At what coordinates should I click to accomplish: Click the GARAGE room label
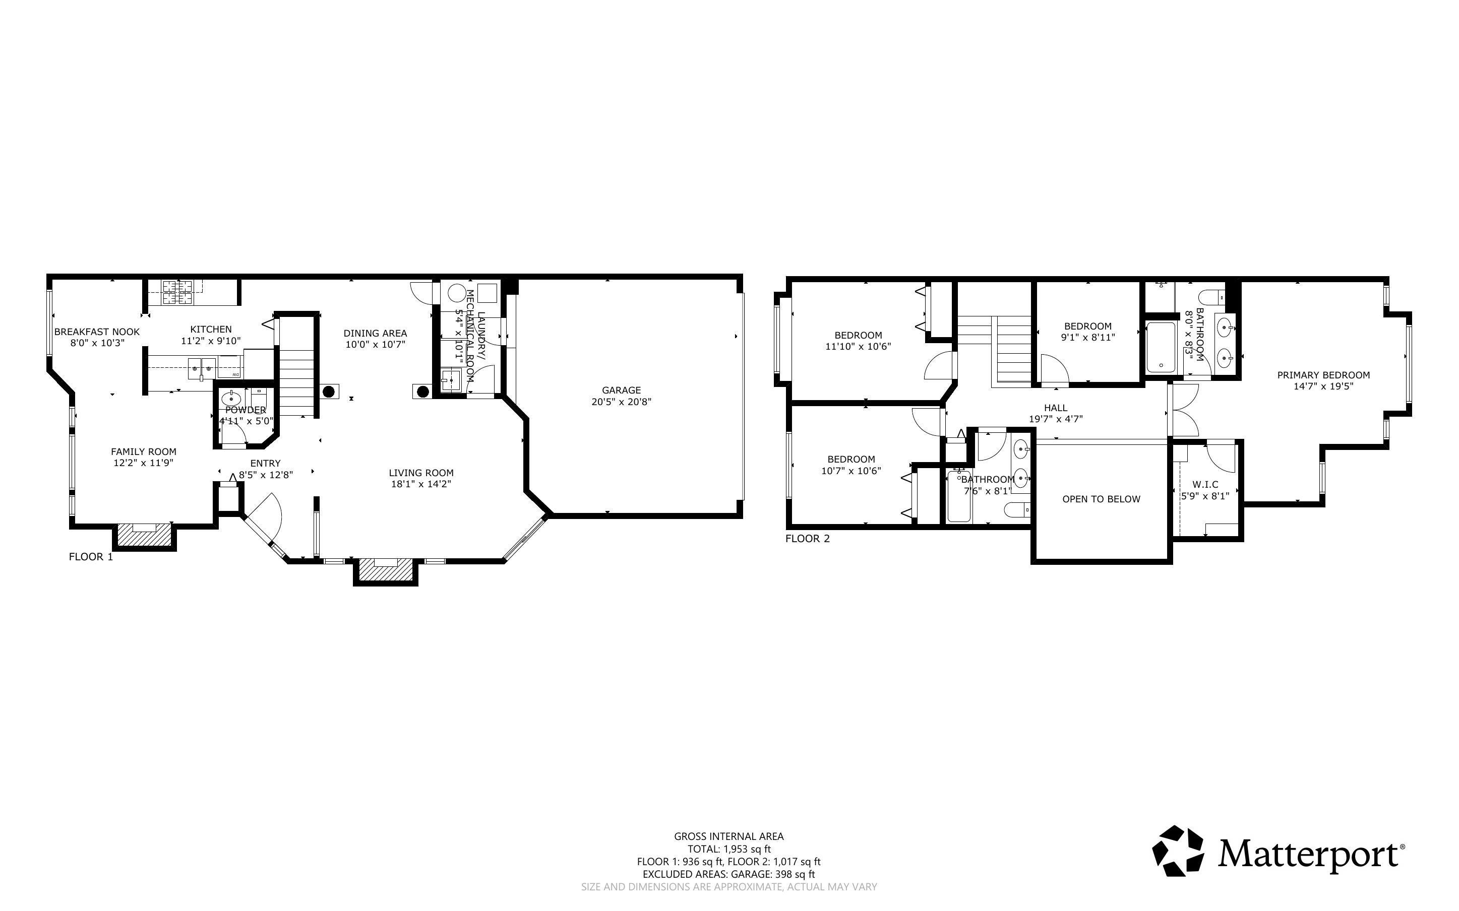pyautogui.click(x=621, y=390)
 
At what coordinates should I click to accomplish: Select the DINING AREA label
pyautogui.click(x=375, y=333)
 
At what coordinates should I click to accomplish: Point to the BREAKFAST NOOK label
pyautogui.click(x=97, y=332)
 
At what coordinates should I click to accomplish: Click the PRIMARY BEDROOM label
pyautogui.click(x=1323, y=375)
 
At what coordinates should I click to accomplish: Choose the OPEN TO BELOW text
pyautogui.click(x=1101, y=499)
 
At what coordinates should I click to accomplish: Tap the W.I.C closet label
pyautogui.click(x=1205, y=484)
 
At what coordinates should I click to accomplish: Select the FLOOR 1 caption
pyautogui.click(x=91, y=557)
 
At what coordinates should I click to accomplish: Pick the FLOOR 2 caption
pyautogui.click(x=808, y=539)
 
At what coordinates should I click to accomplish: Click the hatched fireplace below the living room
pyautogui.click(x=386, y=570)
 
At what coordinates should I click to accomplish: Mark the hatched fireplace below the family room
pyautogui.click(x=145, y=535)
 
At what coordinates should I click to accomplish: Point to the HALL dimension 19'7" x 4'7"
pyautogui.click(x=1056, y=419)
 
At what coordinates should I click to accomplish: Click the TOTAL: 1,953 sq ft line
pyautogui.click(x=729, y=849)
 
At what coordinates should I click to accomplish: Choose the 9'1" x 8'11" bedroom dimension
pyautogui.click(x=1088, y=338)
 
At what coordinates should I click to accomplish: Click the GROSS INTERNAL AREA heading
pyautogui.click(x=728, y=836)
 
